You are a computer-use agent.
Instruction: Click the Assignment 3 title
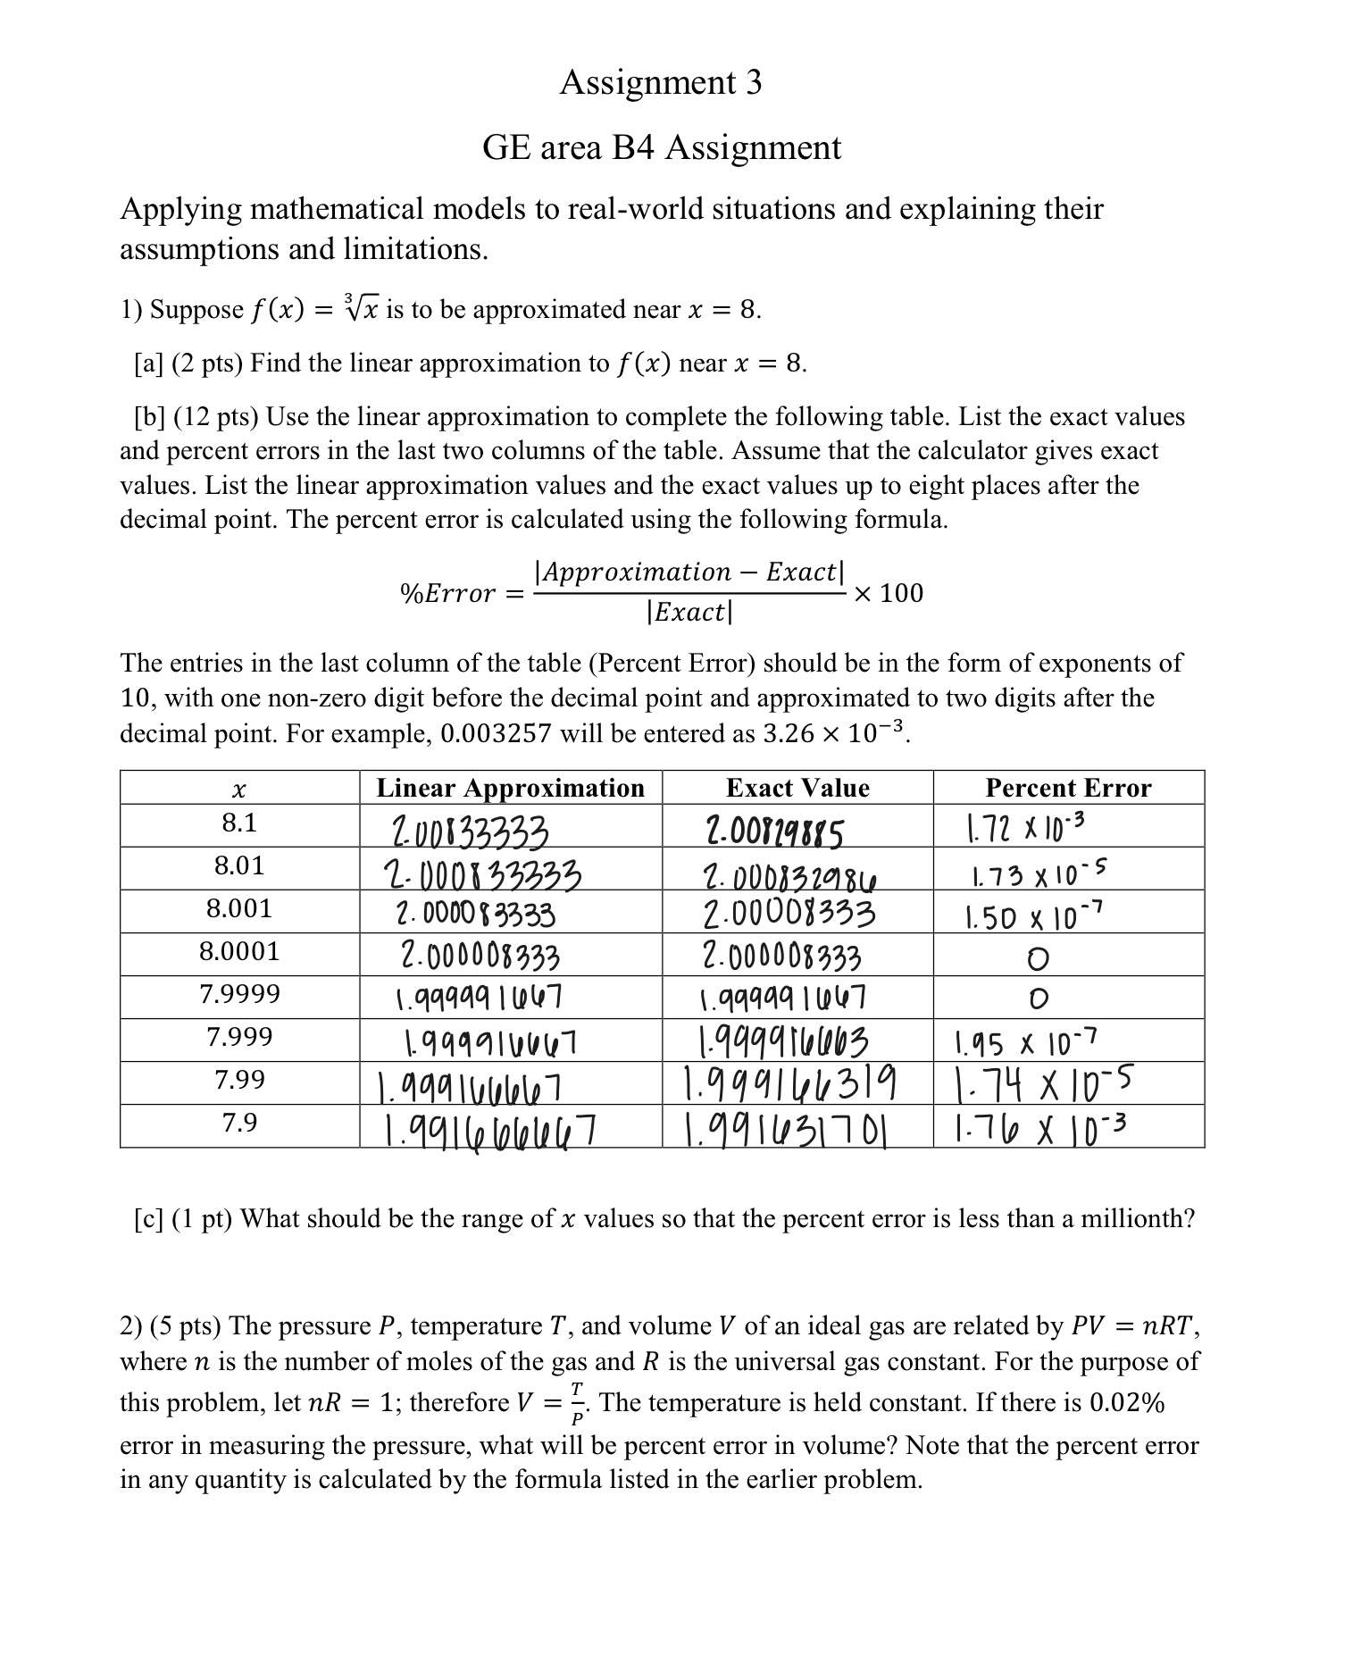(661, 83)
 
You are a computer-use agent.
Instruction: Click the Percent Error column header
(1068, 788)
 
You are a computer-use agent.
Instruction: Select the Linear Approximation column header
(510, 788)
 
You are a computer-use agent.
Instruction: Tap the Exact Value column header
(797, 788)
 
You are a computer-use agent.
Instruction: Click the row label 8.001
(239, 909)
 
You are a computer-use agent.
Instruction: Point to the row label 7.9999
(239, 994)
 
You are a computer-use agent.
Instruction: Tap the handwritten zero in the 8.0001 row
(1036, 960)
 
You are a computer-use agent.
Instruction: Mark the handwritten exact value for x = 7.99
(789, 1086)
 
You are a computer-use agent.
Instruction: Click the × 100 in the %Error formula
(889, 593)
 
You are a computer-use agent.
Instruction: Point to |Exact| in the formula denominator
(689, 613)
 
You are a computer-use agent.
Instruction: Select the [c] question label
(146, 1219)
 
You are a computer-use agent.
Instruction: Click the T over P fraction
(578, 1403)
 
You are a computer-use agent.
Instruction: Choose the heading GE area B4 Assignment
(662, 147)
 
